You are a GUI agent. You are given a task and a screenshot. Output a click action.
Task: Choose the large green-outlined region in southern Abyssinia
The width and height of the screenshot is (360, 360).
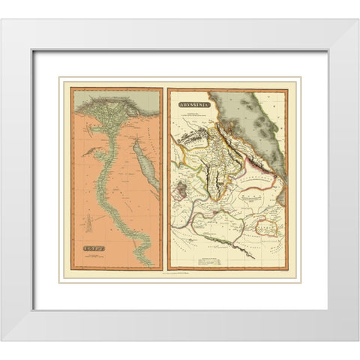[225, 225]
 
